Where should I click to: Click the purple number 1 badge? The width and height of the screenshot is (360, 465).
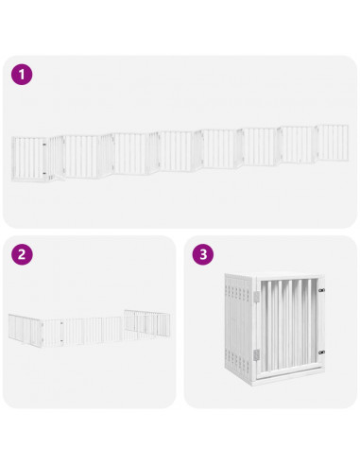click(22, 73)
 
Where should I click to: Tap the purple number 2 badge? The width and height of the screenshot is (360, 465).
click(22, 254)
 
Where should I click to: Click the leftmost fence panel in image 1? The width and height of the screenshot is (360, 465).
click(29, 158)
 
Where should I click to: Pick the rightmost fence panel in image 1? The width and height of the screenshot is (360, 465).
click(333, 143)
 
